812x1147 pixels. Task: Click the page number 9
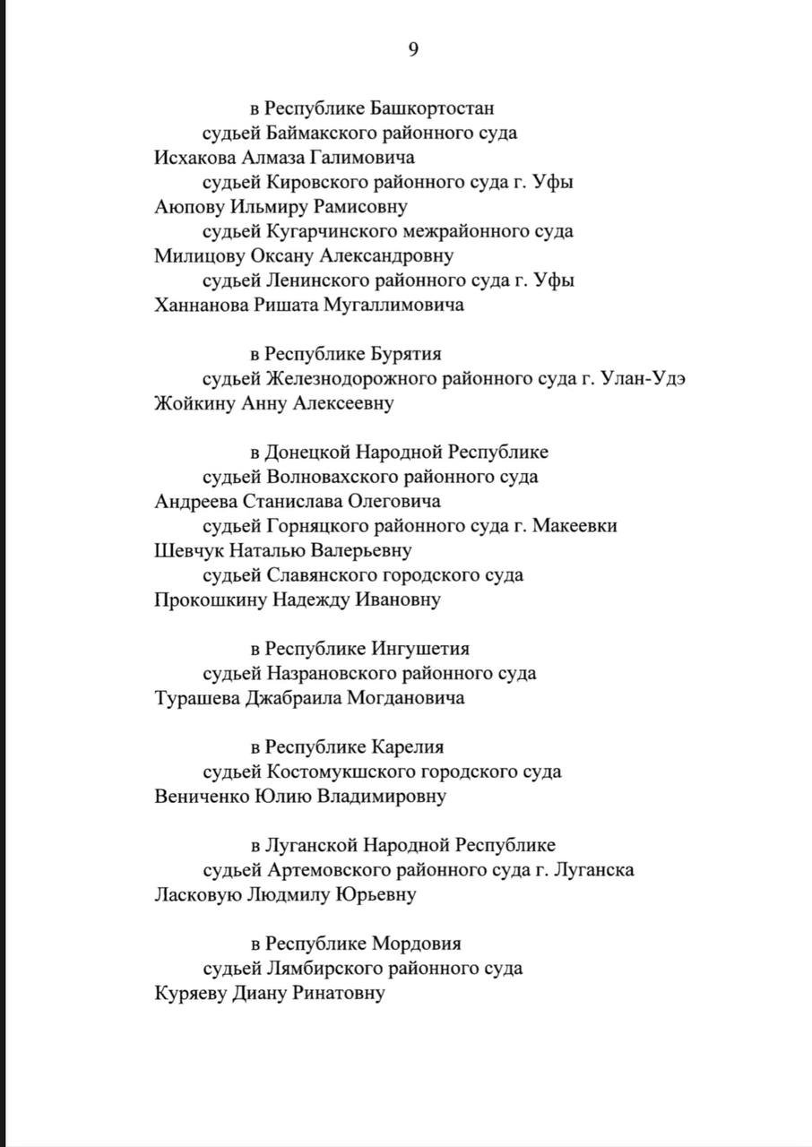[413, 50]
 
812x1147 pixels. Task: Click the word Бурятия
[405, 354]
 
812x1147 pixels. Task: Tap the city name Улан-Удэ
[641, 378]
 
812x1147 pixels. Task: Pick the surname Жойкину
[194, 403]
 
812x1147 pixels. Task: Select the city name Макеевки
[574, 526]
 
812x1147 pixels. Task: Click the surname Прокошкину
[211, 599]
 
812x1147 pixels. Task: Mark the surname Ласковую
[196, 894]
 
